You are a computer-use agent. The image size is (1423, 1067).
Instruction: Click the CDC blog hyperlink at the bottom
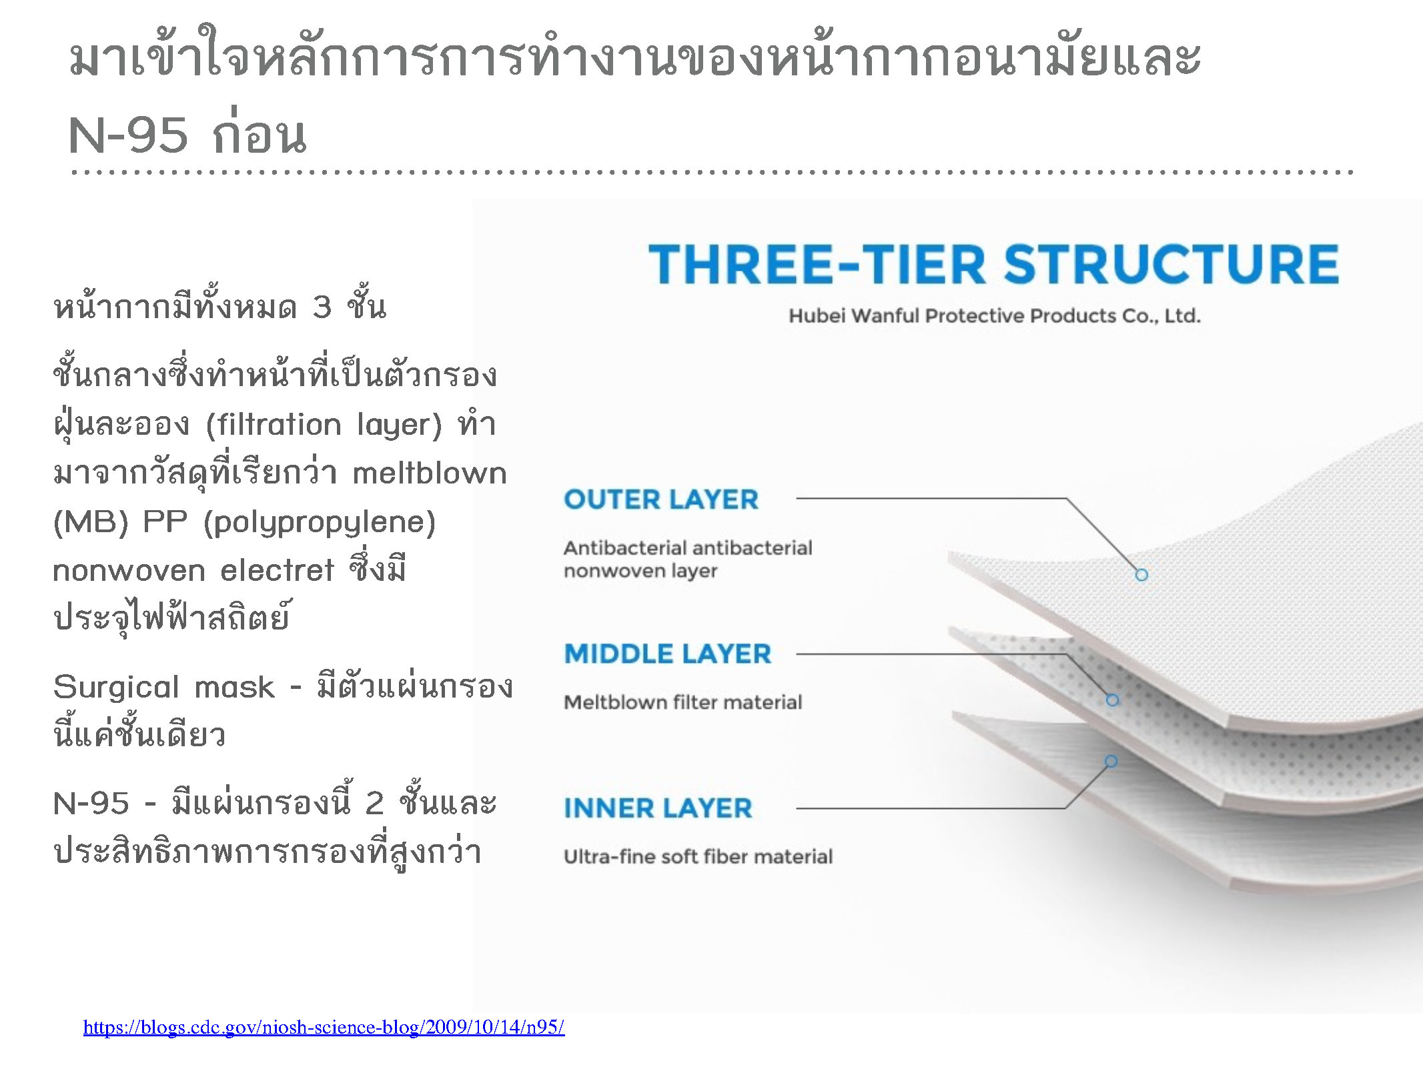324,1027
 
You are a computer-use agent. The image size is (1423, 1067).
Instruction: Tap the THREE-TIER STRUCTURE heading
993,264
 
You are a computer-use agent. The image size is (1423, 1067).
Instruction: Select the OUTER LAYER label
661,499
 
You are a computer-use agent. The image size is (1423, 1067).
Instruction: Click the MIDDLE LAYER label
668,654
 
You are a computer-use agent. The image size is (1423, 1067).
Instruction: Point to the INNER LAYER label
658,808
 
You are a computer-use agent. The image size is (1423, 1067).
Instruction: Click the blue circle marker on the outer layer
1141,575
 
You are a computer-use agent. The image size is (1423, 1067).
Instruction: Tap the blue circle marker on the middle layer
1112,700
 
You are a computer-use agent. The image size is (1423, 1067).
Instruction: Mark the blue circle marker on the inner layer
1111,761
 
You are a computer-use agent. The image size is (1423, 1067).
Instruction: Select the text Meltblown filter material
682,702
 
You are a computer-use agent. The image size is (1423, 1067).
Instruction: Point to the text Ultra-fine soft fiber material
698,856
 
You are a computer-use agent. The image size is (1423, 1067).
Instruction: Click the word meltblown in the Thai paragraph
430,473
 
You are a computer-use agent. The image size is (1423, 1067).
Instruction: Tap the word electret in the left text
278,571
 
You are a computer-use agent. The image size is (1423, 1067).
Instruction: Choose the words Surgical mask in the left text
163,688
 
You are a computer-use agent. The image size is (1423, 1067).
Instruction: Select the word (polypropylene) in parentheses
320,523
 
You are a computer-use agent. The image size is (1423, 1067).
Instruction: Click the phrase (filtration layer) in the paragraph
324,425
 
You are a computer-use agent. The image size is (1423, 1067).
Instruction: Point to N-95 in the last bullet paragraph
91,803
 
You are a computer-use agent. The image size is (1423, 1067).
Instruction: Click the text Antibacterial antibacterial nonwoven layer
688,559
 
